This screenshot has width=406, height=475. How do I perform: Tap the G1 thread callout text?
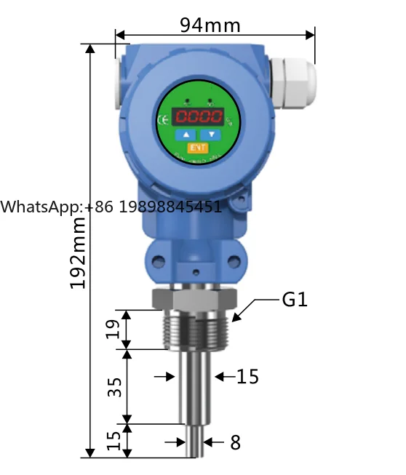[295, 299]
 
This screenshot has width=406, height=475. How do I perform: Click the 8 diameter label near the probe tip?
[235, 442]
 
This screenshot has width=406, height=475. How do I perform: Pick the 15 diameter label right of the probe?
[247, 376]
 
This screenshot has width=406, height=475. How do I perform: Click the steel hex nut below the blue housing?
[194, 298]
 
